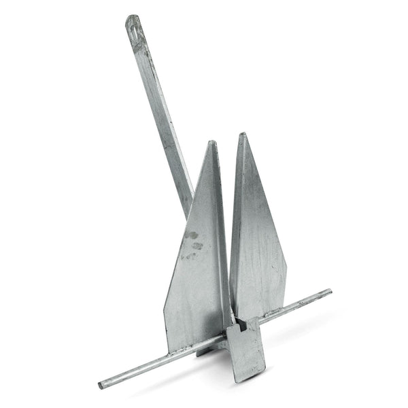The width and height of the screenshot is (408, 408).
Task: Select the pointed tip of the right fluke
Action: click(x=242, y=135)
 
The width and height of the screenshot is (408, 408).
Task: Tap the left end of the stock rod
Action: click(x=101, y=385)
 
